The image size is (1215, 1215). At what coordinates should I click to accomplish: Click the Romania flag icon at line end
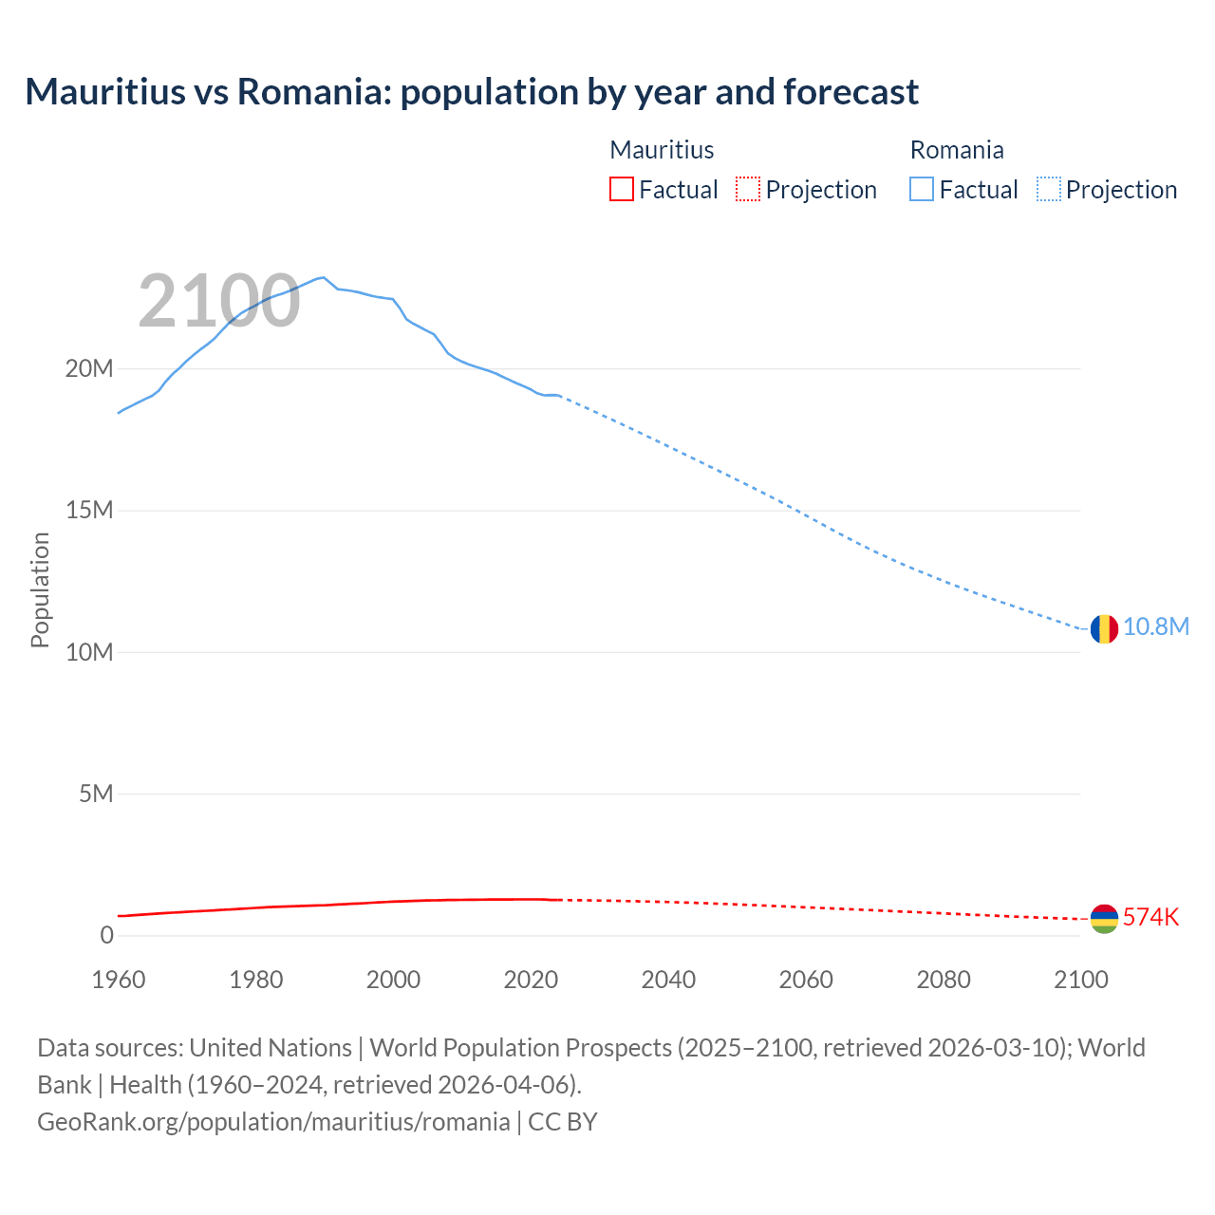[1104, 628]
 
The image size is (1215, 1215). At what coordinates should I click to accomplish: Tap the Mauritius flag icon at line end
[1104, 919]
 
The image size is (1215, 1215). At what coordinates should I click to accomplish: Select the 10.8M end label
[1156, 627]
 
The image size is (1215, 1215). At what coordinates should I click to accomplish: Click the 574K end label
[1150, 917]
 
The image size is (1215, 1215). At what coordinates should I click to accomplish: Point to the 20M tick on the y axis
[89, 368]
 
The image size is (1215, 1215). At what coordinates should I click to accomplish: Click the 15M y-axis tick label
[89, 511]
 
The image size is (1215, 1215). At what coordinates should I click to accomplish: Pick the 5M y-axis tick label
[96, 794]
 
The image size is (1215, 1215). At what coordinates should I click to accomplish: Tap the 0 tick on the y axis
[106, 935]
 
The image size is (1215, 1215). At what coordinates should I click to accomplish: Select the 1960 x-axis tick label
[119, 980]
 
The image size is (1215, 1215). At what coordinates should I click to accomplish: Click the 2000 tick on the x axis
[393, 980]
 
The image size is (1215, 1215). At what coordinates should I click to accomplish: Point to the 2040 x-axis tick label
[668, 980]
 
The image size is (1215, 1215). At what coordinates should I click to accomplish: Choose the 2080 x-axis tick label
[944, 980]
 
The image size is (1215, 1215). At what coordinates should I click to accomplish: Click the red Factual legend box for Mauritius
[622, 190]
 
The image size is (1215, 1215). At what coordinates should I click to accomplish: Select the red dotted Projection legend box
[748, 190]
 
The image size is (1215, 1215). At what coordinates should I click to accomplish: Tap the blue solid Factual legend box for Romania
[922, 190]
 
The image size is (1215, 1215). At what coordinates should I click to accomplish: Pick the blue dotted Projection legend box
[1048, 190]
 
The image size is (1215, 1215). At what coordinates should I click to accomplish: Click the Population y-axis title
[40, 589]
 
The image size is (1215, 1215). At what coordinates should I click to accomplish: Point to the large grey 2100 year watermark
[219, 302]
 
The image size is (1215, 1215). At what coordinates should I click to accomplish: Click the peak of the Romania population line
[324, 277]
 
